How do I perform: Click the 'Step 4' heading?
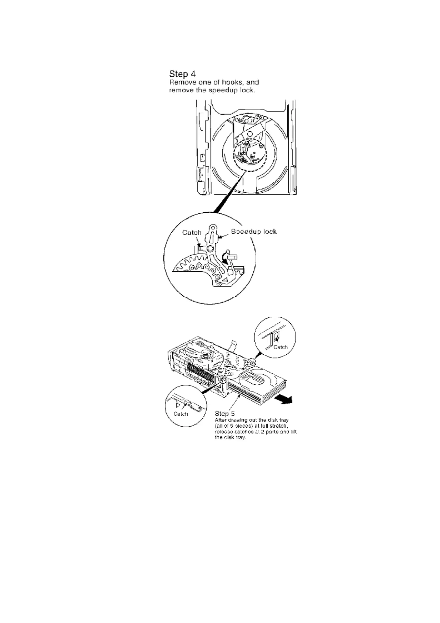(182, 74)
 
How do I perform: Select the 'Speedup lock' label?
(254, 232)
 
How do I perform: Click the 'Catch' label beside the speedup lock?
(192, 233)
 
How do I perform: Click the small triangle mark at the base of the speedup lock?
(224, 280)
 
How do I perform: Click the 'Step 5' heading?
(224, 414)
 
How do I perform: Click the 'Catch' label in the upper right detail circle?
(280, 347)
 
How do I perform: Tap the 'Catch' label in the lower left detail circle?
(181, 414)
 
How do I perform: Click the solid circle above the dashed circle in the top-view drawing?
(250, 134)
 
